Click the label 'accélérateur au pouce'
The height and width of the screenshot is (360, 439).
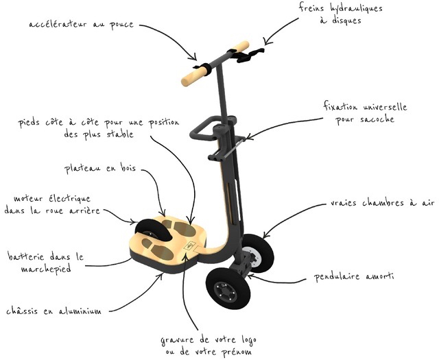[x=81, y=25]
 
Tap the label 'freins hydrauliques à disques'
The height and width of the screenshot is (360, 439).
[x=340, y=14]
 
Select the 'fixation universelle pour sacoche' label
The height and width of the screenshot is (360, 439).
[x=365, y=113]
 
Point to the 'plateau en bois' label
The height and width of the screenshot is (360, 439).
[x=100, y=168]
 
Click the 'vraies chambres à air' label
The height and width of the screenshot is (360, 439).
[x=382, y=202]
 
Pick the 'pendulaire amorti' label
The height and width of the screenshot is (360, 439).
[x=354, y=277]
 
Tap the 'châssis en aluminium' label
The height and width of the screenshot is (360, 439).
[x=54, y=311]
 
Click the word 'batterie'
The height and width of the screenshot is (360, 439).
[x=26, y=256]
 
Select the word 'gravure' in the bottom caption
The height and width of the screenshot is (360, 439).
[x=177, y=340]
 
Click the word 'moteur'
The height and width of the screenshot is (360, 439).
[x=28, y=198]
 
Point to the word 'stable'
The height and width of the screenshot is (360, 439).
[x=120, y=134]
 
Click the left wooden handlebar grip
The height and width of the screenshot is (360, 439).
[x=194, y=76]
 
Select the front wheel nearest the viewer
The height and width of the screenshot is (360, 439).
[x=228, y=289]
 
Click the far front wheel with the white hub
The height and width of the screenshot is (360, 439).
[x=257, y=254]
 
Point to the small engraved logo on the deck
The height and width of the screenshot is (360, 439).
[x=189, y=245]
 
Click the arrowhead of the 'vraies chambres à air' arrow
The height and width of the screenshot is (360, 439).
[x=265, y=235]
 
